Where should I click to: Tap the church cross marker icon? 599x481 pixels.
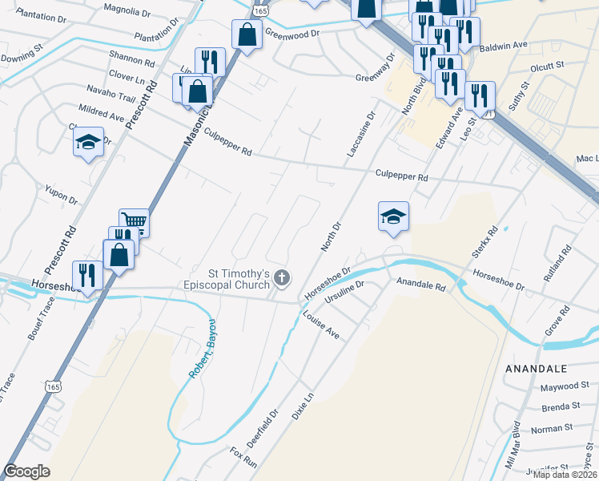[281, 278]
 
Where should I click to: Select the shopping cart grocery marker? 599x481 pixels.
[135, 221]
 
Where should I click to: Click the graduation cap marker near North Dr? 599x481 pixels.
[393, 216]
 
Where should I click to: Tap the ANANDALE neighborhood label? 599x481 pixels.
[536, 368]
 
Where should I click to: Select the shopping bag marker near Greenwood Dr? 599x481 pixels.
[247, 34]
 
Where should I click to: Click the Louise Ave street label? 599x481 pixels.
[323, 324]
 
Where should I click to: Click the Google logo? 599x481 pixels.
[26, 471]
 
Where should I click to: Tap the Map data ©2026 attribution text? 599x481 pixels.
[565, 475]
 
